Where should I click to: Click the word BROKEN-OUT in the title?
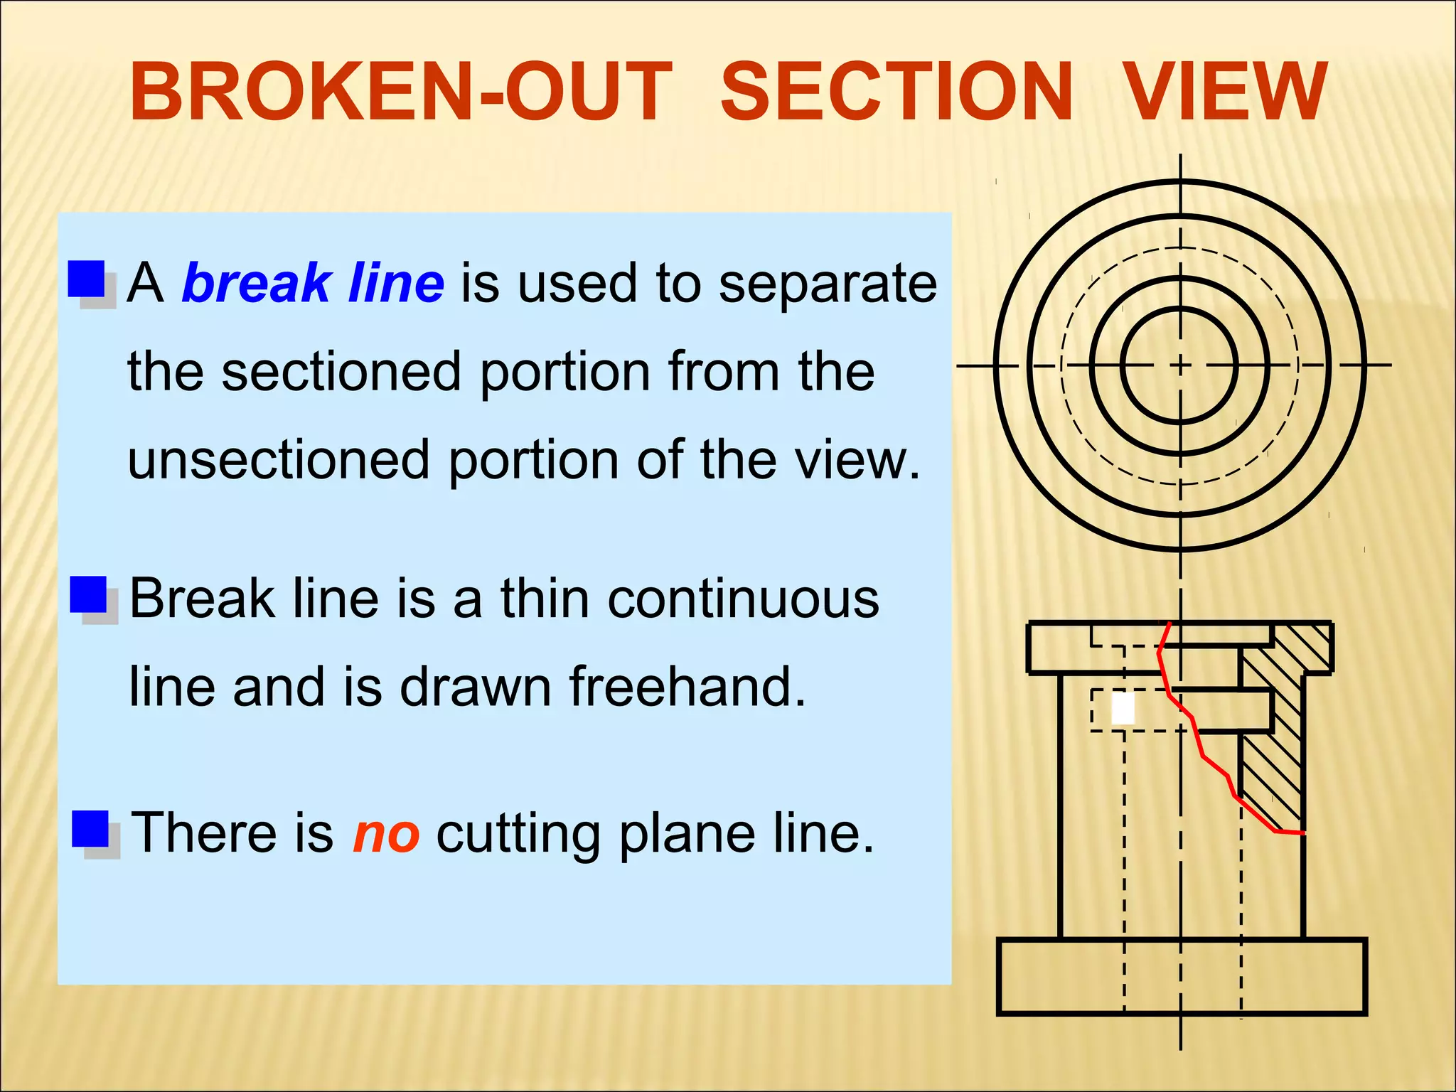(400, 92)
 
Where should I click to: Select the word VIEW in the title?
(1226, 92)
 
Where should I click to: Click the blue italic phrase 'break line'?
(313, 283)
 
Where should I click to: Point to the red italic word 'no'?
(386, 833)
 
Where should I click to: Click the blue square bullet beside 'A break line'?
(87, 279)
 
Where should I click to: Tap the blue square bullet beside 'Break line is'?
(88, 595)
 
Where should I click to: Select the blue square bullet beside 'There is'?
(90, 829)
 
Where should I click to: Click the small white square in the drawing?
(1123, 709)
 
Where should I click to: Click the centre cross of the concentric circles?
(1180, 365)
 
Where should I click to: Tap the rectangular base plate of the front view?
(1181, 976)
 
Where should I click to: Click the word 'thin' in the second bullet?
(545, 599)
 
